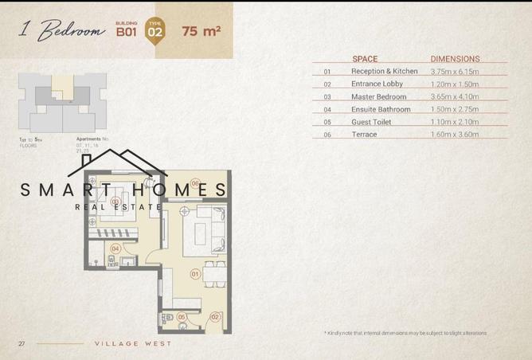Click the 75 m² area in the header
pos(201,32)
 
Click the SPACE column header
pos(365,59)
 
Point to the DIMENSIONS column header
pos(455,59)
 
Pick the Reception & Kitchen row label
pos(384,72)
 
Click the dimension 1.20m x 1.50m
pos(455,84)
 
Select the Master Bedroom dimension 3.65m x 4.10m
pos(455,97)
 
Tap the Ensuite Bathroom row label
pos(381,110)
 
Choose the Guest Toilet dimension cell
pos(455,123)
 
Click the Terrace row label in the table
pos(364,135)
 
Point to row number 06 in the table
pos(327,135)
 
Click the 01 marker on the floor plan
pos(194,275)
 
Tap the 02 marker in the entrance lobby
pos(213,317)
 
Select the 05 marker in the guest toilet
pos(182,317)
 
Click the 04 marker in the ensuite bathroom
pos(115,248)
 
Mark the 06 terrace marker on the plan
pos(194,182)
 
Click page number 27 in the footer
pos(22,343)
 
